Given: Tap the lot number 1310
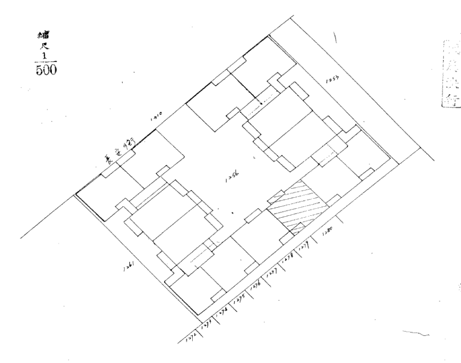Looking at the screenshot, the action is tap(155, 119).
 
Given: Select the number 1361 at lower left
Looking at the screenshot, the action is tap(127, 269).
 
